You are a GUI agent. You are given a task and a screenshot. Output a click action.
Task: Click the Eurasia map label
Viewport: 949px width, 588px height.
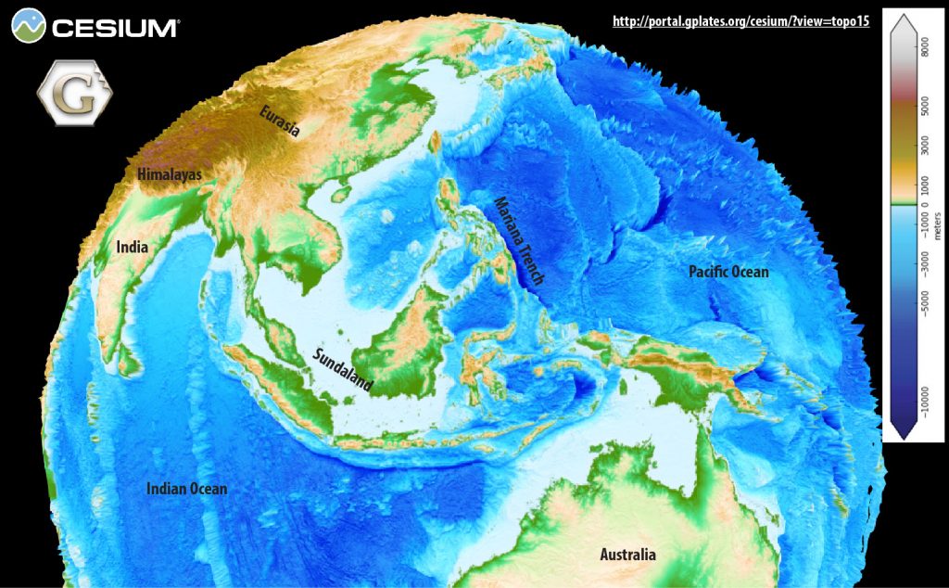click(x=279, y=121)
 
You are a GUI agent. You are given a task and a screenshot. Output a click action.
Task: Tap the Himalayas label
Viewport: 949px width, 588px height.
click(x=169, y=173)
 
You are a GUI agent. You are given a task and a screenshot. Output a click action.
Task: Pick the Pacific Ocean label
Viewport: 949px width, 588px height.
click(x=728, y=272)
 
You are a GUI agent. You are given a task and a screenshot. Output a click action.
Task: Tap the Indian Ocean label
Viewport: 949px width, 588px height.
click(x=186, y=489)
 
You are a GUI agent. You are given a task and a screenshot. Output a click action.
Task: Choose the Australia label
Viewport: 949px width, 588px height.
click(x=627, y=555)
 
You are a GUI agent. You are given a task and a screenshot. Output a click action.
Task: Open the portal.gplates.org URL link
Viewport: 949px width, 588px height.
click(x=740, y=20)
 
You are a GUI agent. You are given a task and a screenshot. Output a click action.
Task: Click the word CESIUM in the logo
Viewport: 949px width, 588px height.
click(x=115, y=28)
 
